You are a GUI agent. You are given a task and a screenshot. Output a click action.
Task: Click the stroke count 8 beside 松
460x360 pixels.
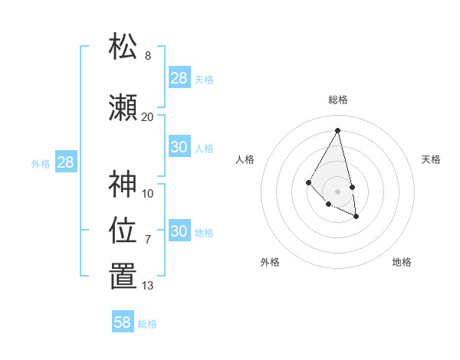148,56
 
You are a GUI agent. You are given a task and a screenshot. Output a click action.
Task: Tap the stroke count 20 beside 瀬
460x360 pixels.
147,116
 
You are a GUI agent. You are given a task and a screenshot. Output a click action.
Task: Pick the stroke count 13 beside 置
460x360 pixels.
147,286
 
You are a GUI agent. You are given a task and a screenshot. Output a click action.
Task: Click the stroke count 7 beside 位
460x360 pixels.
148,239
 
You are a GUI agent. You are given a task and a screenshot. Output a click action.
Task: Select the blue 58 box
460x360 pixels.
123,322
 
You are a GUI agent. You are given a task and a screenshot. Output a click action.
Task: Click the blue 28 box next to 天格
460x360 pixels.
179,78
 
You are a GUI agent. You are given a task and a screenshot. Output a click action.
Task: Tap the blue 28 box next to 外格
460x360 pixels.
65,162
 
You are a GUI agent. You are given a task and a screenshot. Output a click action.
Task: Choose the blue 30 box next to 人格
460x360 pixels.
179,147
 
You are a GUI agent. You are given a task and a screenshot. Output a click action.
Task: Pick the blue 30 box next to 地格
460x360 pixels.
179,231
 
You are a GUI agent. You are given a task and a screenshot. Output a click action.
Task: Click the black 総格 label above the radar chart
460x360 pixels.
338,100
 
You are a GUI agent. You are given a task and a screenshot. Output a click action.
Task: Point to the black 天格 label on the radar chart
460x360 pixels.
431,159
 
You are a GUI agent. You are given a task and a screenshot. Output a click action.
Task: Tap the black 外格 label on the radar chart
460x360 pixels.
270,262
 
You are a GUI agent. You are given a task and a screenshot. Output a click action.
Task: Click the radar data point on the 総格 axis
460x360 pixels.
338,130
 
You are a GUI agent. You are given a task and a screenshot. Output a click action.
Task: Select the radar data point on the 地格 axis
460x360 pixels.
356,217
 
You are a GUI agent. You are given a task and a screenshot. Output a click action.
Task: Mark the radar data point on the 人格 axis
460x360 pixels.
309,182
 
